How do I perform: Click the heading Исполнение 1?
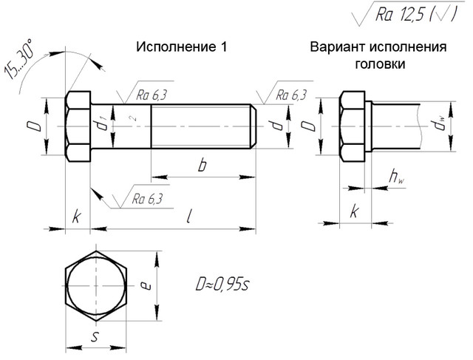coord(180,47)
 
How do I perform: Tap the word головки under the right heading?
coord(378,64)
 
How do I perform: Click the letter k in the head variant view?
coord(355,212)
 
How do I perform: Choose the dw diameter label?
coord(441,126)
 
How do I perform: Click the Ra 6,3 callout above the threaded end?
coord(290,95)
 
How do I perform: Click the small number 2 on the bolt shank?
coord(131,118)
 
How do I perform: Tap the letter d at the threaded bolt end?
coord(276,126)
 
